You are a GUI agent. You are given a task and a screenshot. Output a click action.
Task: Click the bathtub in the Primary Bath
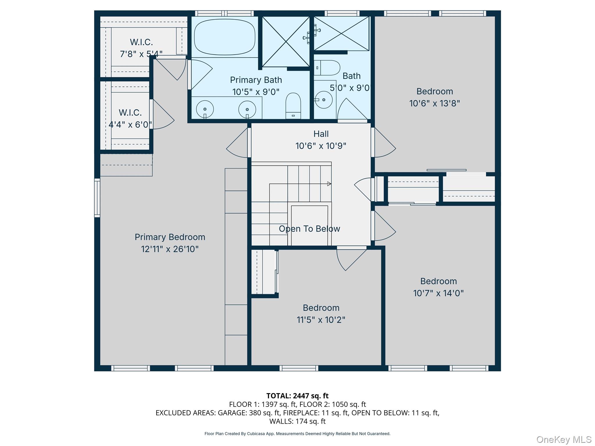coord(225,37)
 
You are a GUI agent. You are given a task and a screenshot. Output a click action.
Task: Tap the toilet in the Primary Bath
coord(293,106)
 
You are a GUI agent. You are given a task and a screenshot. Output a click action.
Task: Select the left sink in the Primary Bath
coord(205,109)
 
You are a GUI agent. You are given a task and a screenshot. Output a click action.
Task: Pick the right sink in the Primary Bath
coord(247,109)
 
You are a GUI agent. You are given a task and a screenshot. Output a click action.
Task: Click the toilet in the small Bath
coord(327,68)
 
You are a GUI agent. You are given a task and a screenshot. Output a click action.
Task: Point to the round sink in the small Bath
coord(323,100)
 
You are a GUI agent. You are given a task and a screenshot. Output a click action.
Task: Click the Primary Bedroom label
coord(170,237)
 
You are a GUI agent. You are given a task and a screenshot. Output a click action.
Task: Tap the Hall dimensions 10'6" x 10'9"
coord(321,146)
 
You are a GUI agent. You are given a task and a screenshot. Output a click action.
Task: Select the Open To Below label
coord(309,229)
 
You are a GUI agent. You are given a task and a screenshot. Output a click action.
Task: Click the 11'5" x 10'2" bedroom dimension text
coord(321,320)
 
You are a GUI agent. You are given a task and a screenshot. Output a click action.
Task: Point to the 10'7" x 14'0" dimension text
coord(438,293)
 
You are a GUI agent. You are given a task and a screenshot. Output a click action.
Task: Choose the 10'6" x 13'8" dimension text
coord(435,103)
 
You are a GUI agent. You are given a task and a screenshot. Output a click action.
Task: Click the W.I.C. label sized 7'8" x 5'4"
coord(141,42)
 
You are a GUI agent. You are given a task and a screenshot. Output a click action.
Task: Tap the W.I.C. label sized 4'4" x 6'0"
coord(130,112)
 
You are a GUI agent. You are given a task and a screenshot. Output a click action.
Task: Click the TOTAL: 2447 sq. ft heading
coord(297,395)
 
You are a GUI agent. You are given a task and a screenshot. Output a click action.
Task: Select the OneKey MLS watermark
coord(564,439)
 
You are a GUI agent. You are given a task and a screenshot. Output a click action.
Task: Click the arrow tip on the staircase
coord(331,184)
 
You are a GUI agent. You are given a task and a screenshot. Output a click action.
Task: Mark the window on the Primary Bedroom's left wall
coord(97,198)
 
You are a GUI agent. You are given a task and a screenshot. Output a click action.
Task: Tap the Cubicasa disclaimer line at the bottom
coord(297,434)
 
